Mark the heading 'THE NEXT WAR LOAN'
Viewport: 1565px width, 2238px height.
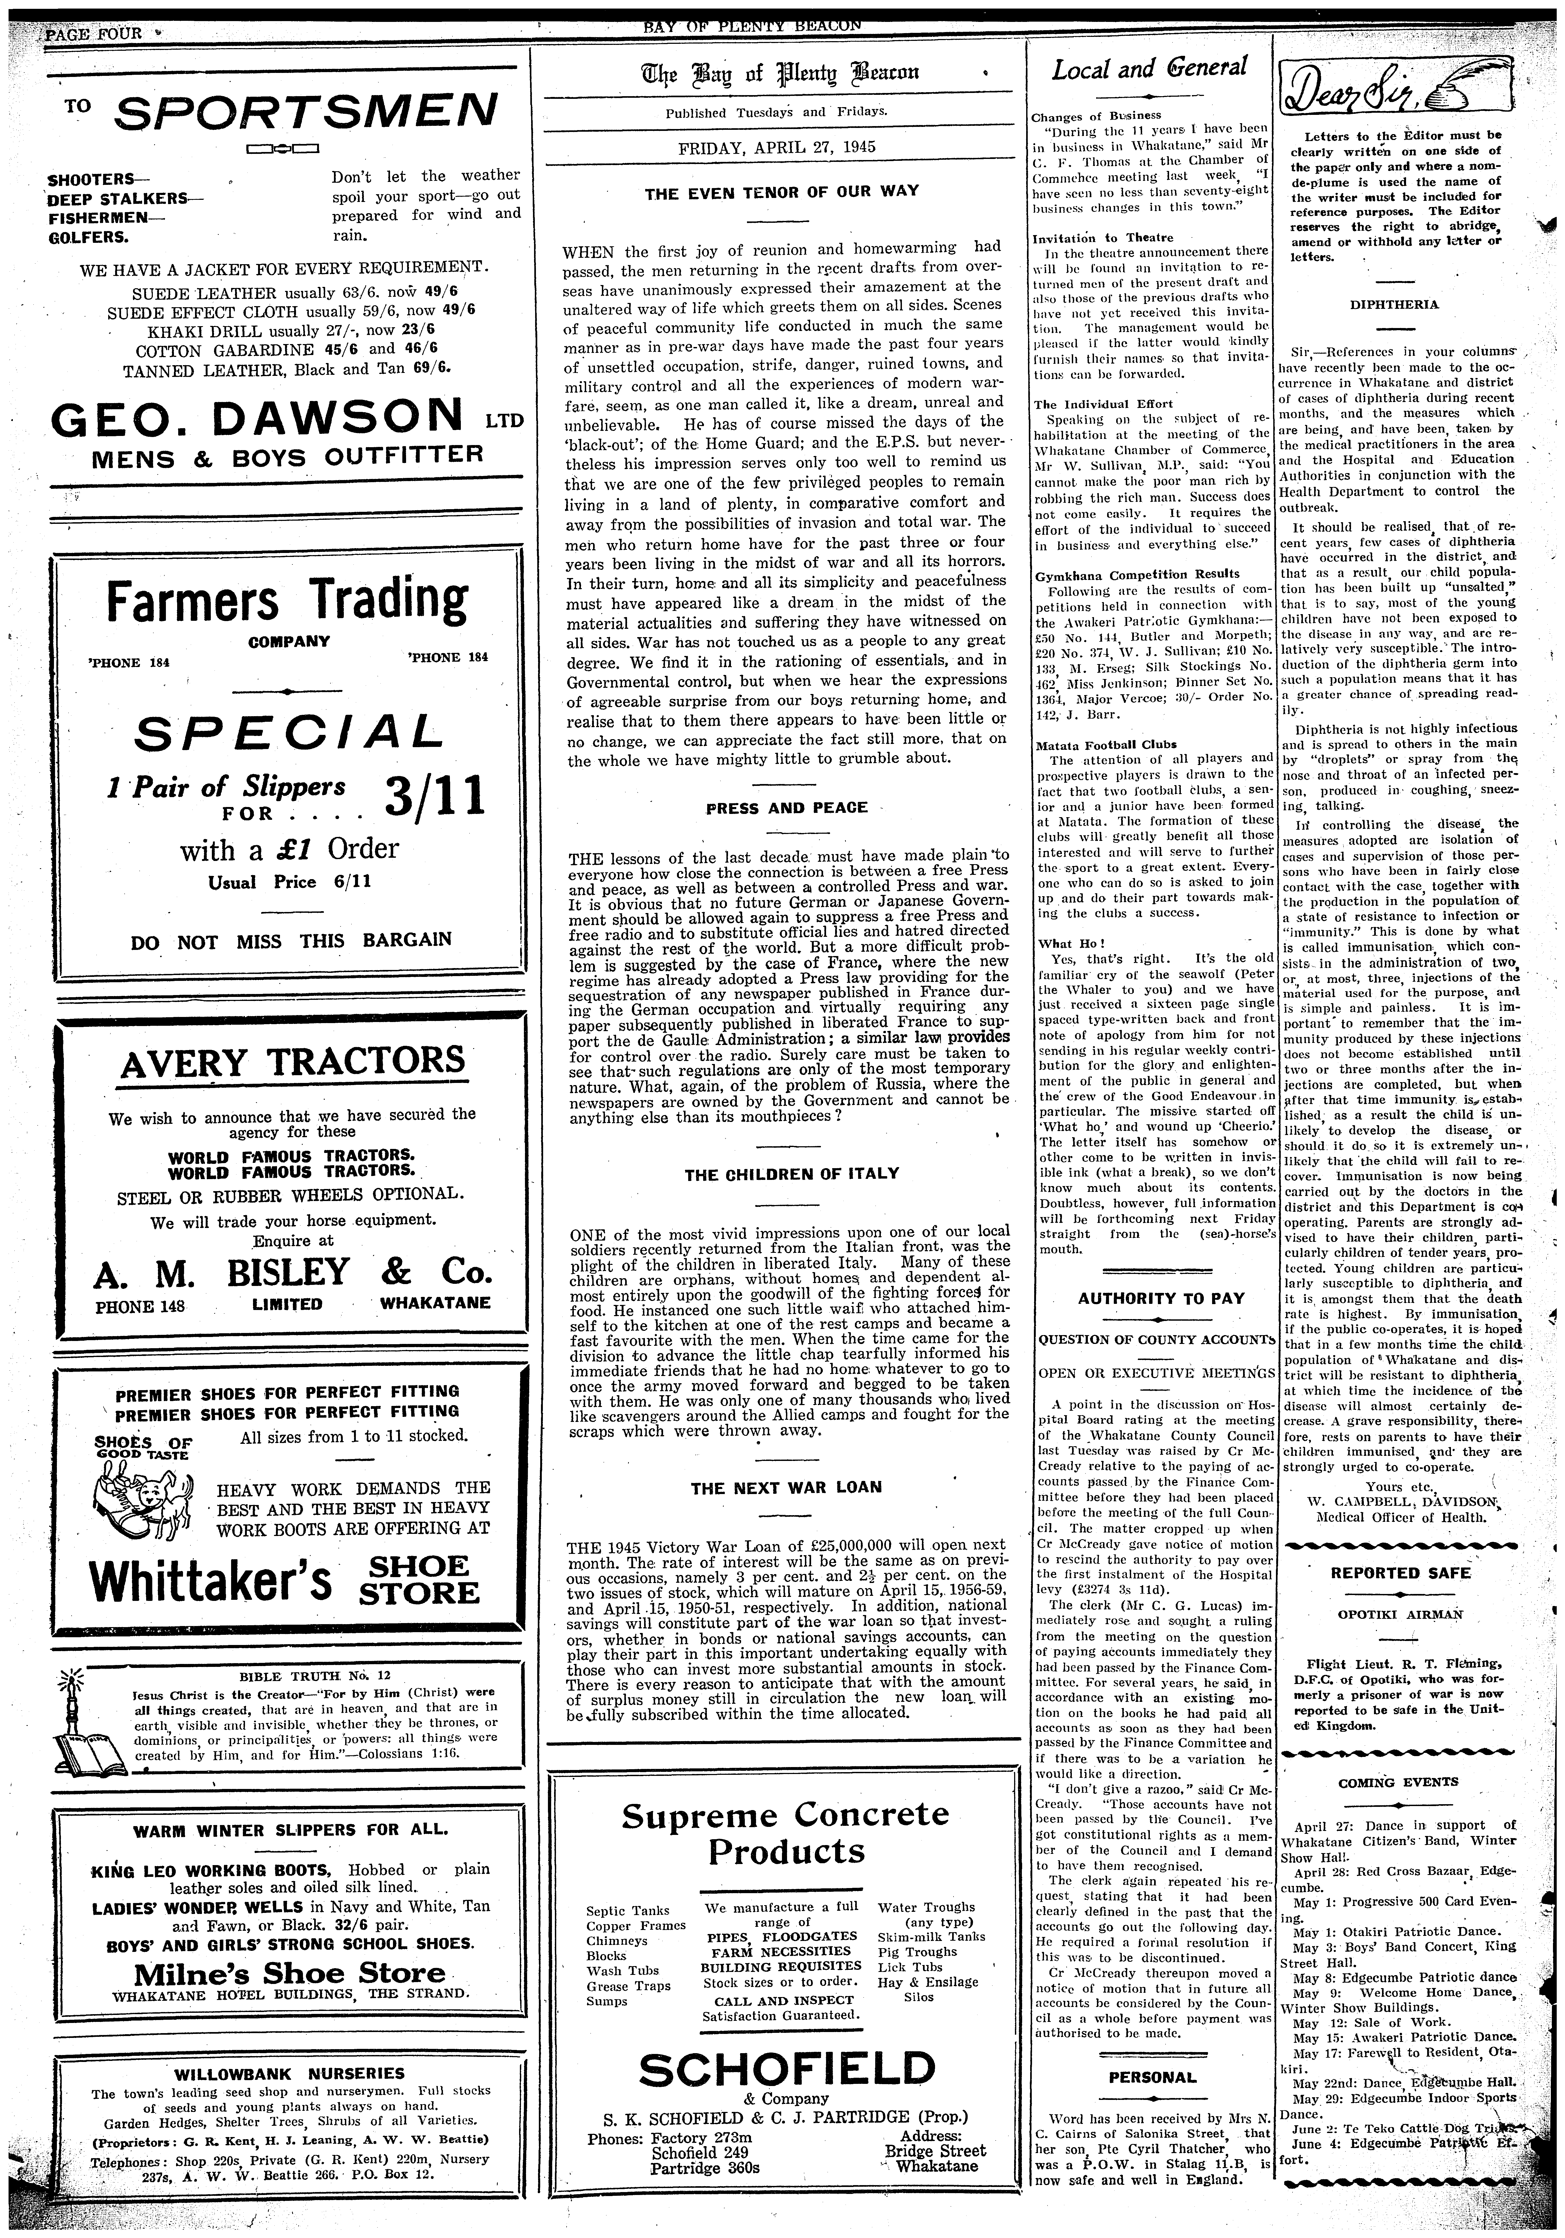[786, 1487]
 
